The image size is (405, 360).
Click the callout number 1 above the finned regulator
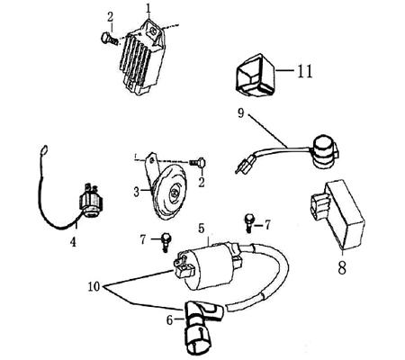click(148, 9)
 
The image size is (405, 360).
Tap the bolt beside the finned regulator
click(109, 39)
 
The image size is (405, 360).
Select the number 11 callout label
click(304, 71)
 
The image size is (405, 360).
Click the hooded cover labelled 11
click(255, 75)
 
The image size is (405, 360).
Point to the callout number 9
click(241, 113)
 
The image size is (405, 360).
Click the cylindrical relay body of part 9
click(325, 150)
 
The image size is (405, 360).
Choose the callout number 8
click(342, 267)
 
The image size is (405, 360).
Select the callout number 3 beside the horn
click(137, 192)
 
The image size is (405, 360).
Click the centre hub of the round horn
click(174, 193)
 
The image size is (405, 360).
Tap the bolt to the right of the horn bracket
click(198, 163)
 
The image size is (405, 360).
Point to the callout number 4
click(73, 242)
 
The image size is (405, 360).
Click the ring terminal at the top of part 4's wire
click(44, 149)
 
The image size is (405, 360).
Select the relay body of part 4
click(91, 202)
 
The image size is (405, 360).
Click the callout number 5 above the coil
click(201, 229)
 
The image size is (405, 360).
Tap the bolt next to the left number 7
click(166, 242)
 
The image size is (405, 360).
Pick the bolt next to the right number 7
click(249, 223)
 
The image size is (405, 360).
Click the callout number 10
click(94, 287)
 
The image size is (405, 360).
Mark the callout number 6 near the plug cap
click(169, 320)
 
